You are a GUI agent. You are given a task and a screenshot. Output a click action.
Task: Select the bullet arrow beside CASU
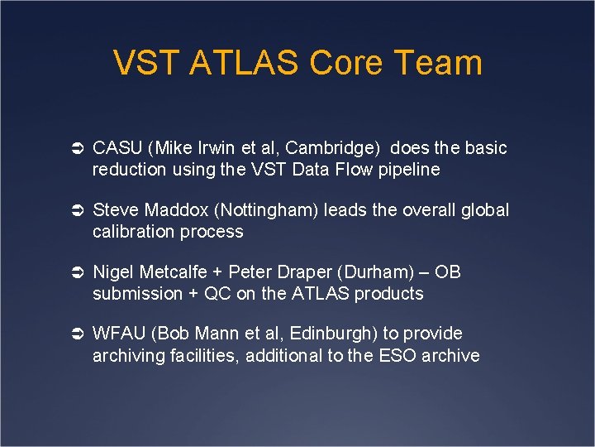click(74, 149)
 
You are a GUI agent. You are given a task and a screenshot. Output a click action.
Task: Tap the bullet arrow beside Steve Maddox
click(74, 211)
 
